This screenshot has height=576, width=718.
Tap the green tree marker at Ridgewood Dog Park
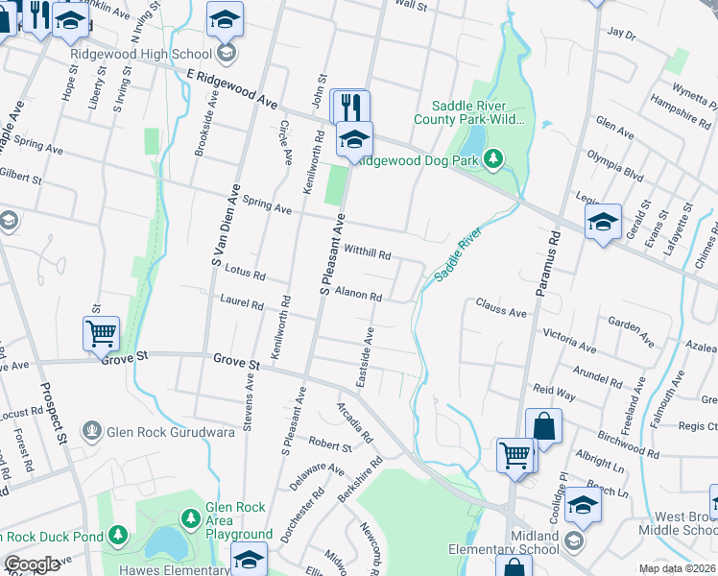[x=493, y=157]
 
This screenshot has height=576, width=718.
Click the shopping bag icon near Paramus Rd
[x=543, y=425]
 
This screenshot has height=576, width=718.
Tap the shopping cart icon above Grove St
[x=101, y=333]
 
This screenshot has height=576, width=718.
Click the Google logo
[x=32, y=564]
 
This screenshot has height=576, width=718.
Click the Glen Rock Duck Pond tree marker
[x=117, y=534]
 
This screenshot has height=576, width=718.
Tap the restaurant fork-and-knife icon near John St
[x=350, y=106]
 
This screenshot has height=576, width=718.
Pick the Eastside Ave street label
[x=366, y=357]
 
